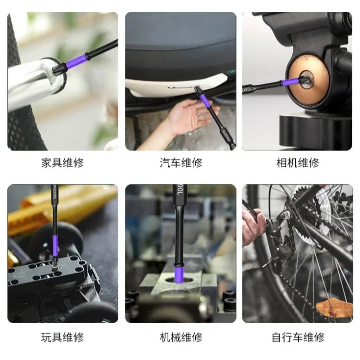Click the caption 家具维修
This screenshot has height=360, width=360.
click(x=62, y=163)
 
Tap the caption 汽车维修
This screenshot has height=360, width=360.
click(x=180, y=163)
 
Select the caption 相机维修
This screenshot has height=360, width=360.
click(x=297, y=163)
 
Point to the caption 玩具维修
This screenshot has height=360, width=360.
click(x=62, y=337)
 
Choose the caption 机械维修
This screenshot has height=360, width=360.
click(x=180, y=337)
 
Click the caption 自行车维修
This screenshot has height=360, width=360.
click(x=297, y=337)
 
